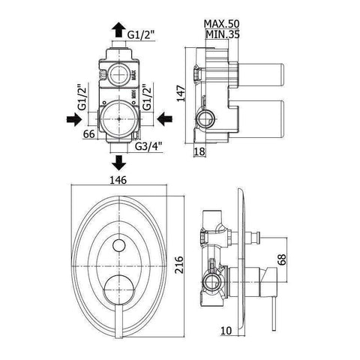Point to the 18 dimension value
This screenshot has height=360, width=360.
click(x=198, y=152)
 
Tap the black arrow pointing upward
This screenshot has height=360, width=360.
click(x=118, y=29)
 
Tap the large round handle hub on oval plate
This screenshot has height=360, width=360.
click(x=119, y=287)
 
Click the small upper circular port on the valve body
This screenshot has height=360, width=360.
click(x=117, y=73)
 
